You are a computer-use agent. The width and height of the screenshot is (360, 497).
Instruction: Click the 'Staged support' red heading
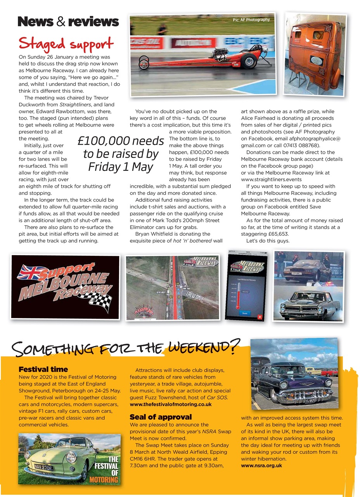click(66, 43)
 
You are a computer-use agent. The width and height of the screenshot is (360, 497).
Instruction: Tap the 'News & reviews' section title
click(68, 21)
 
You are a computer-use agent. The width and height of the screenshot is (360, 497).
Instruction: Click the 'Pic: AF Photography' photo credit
click(251, 19)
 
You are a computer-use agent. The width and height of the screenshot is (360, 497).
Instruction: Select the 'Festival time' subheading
click(43, 369)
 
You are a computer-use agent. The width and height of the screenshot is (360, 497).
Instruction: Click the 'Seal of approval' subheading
click(161, 417)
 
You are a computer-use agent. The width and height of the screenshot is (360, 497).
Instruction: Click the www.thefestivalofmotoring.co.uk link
click(171, 404)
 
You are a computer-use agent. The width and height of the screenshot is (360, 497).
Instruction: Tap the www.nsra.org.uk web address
click(261, 465)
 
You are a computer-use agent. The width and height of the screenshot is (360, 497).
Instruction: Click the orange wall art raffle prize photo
click(315, 54)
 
